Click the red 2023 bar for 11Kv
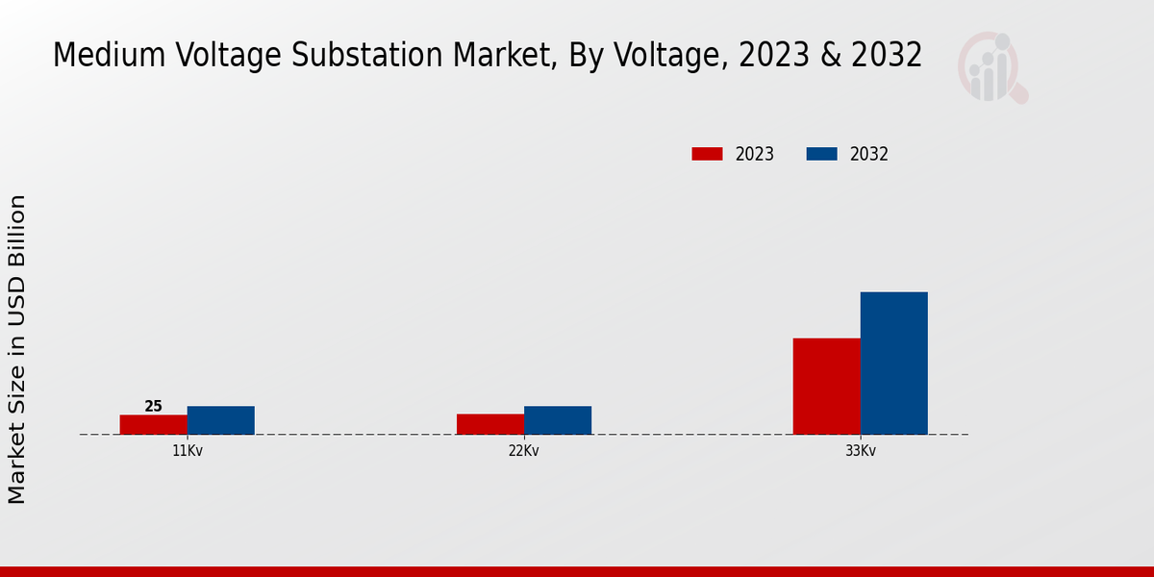153,424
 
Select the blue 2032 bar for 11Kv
220,420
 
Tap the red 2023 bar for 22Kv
489,424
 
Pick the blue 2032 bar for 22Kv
557,420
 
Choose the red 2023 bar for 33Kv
826,386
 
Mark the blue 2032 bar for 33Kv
893,363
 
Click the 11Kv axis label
187,450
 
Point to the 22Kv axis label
523,450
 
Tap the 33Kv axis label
860,450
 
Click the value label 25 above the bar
153,407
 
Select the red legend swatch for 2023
707,154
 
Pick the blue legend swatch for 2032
821,154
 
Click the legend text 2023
754,154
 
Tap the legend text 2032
868,154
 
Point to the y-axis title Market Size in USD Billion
17,349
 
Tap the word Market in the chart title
504,56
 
